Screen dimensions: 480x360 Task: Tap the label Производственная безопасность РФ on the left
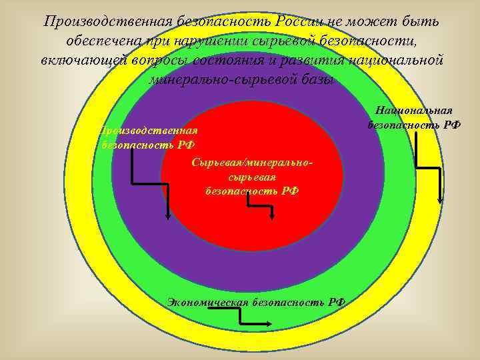point(148,137)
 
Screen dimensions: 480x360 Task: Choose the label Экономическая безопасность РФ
point(257,301)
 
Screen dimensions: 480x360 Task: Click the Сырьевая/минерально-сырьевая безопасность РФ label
point(252,177)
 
